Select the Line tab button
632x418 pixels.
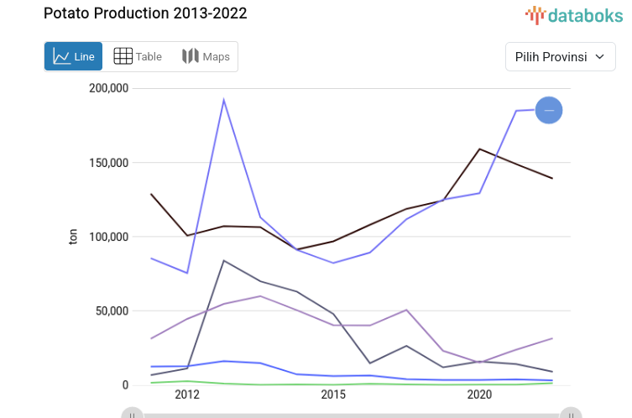pyautogui.click(x=74, y=56)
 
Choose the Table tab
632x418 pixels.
pyautogui.click(x=138, y=56)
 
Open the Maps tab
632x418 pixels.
pyautogui.click(x=206, y=56)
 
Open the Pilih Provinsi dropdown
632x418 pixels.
pyautogui.click(x=560, y=57)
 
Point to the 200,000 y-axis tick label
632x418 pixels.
pyautogui.click(x=107, y=88)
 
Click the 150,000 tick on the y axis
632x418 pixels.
pyautogui.click(x=107, y=162)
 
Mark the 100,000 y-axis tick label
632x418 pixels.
pyautogui.click(x=107, y=237)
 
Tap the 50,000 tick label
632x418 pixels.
pyautogui.click(x=111, y=311)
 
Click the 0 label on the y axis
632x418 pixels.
pyautogui.click(x=123, y=385)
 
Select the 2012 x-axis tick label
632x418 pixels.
pyautogui.click(x=187, y=394)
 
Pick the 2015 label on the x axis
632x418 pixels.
pyautogui.click(x=333, y=394)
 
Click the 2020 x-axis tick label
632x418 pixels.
pyautogui.click(x=479, y=394)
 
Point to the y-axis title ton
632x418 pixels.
pyautogui.click(x=73, y=237)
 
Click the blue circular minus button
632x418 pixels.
pyautogui.click(x=549, y=110)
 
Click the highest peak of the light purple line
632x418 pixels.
pyautogui.click(x=223, y=100)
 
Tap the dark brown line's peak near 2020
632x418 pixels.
pyautogui.click(x=479, y=149)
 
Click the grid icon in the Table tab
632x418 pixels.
pyautogui.click(x=123, y=56)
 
